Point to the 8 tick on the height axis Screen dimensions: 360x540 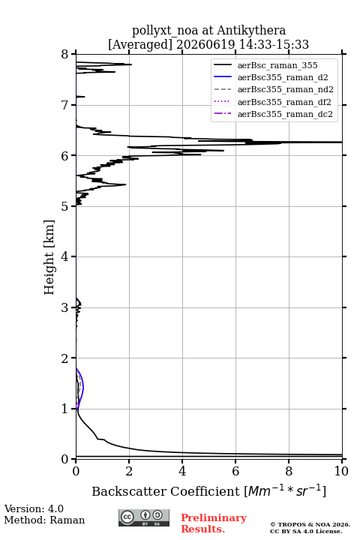tap(65, 54)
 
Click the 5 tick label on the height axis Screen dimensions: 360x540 tap(65, 206)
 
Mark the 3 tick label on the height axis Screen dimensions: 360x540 tap(65, 307)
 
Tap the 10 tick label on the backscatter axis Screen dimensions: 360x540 tap(341, 471)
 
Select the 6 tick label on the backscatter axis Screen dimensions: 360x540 tap(235, 471)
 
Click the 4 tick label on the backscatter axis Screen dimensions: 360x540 tap(182, 471)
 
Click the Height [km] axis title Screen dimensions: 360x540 tap(49, 257)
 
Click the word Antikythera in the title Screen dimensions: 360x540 tap(251, 30)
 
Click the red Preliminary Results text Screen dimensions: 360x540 tap(214, 523)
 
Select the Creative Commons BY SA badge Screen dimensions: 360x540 tap(144, 517)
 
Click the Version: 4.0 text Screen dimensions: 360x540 tap(34, 508)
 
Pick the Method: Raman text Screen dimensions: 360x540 tap(44, 520)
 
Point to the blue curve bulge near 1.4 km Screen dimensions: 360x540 tap(83, 388)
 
